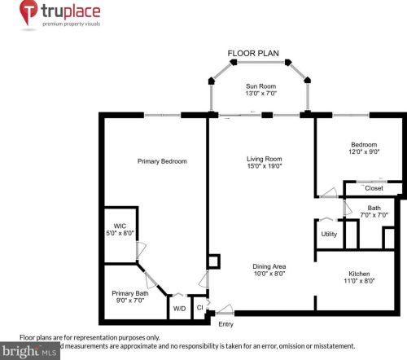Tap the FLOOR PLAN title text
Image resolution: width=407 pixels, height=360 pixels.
pyautogui.click(x=253, y=54)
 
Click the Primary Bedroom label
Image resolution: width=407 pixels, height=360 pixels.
pyautogui.click(x=162, y=161)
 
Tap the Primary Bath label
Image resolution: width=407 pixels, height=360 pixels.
pyautogui.click(x=130, y=293)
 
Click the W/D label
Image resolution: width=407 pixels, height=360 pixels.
pyautogui.click(x=179, y=308)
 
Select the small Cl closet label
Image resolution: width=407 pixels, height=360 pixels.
pyautogui.click(x=199, y=307)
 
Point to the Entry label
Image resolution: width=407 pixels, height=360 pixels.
pyautogui.click(x=225, y=323)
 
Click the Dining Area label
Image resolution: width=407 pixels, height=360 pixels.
pyautogui.click(x=268, y=266)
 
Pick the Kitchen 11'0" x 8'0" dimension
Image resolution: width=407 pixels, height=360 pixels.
pyautogui.click(x=359, y=281)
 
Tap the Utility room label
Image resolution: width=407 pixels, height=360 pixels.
pyautogui.click(x=329, y=234)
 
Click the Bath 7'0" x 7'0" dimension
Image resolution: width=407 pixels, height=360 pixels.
pyautogui.click(x=374, y=216)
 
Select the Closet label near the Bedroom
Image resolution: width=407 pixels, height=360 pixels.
pyautogui.click(x=374, y=188)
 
